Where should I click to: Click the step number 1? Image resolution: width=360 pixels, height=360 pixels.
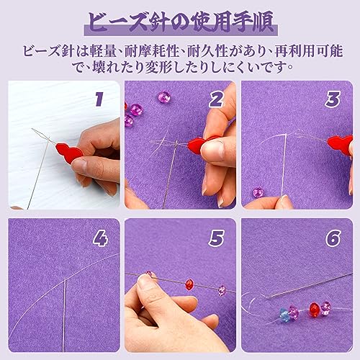coord(99,99)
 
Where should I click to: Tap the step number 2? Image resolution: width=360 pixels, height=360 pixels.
coord(216,99)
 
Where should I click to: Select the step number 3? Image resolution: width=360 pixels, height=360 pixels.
coord(333,99)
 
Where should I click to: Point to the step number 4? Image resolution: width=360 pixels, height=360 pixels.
coord(101,238)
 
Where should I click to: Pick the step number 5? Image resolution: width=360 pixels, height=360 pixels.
coord(216,238)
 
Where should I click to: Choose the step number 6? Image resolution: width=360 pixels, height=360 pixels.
coord(333,238)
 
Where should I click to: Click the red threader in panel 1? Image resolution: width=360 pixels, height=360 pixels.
coord(69,153)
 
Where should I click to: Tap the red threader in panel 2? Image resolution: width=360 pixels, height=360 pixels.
coord(200,145)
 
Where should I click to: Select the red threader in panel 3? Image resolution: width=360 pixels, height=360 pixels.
coord(341,145)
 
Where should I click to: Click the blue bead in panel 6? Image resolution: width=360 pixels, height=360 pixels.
coord(285,315)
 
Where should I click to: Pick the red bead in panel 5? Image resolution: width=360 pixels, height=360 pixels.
coord(189,284)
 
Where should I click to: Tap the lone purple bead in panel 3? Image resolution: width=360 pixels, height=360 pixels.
coord(258,192)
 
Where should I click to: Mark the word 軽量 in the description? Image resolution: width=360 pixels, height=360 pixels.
coord(103,51)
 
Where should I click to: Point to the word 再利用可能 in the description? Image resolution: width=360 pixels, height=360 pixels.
coord(309,51)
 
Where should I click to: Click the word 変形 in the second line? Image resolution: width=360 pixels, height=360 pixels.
coord(159,67)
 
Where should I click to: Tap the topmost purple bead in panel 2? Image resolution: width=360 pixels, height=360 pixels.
coord(163,96)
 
